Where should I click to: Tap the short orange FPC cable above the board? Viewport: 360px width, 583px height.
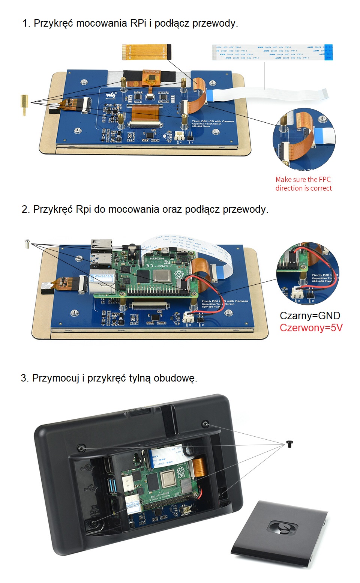click(x=146, y=52)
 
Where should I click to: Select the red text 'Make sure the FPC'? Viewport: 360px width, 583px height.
click(x=303, y=180)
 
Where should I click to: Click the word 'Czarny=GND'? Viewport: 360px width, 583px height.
click(x=310, y=316)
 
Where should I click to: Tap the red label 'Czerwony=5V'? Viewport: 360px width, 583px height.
click(x=311, y=328)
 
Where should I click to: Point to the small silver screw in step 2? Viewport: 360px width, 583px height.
click(x=27, y=244)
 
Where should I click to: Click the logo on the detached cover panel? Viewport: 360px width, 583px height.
click(x=284, y=527)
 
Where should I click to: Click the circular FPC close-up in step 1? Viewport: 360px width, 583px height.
click(x=304, y=139)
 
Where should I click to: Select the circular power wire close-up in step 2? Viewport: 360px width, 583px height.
click(x=307, y=273)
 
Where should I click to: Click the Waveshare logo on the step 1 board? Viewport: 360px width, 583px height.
click(x=111, y=96)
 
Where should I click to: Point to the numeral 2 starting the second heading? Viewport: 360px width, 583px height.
click(x=25, y=209)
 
